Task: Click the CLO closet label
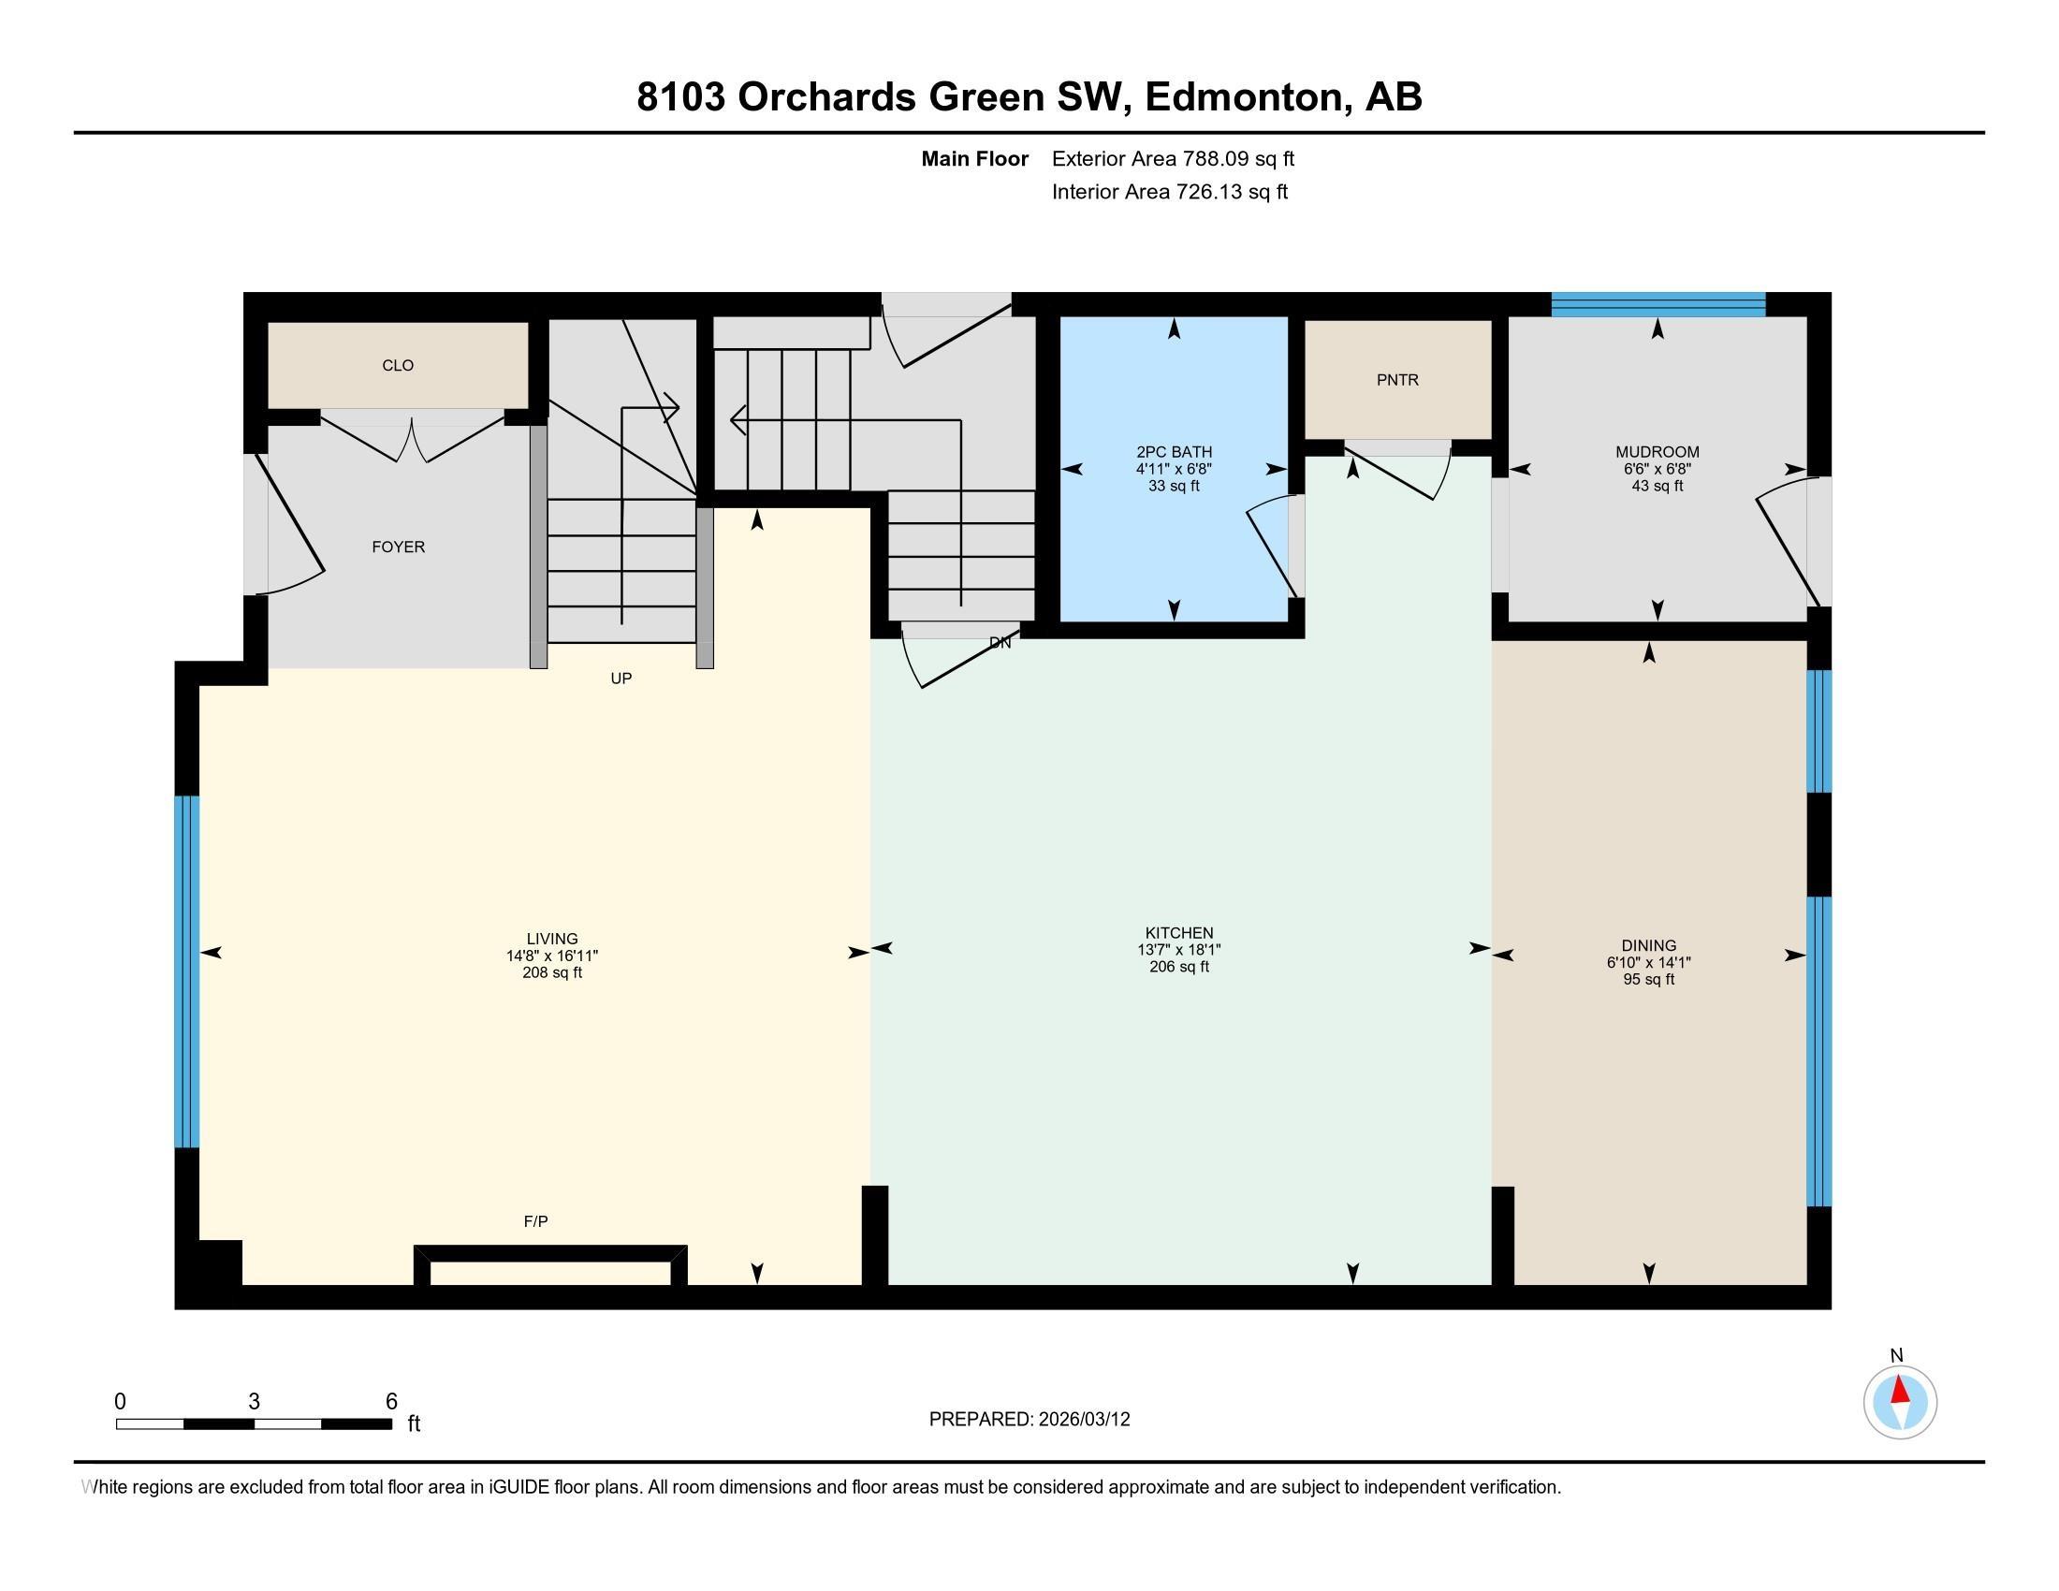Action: tap(397, 366)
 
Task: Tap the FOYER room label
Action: tap(398, 547)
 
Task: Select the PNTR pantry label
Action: tap(1397, 380)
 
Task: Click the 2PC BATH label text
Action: tap(1174, 452)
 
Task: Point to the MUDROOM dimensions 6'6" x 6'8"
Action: tap(1657, 470)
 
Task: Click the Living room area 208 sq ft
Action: tap(551, 972)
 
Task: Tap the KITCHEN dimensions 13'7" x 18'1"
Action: tap(1178, 950)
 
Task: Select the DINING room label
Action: tap(1648, 945)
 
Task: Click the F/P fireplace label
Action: tap(535, 1221)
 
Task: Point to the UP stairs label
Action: tap(621, 679)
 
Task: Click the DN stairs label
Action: tap(1000, 643)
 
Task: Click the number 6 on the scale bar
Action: tap(391, 1402)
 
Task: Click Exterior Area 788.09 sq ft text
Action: tap(1173, 159)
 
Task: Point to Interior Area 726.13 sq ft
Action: tap(1169, 192)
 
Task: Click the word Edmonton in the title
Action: tap(1244, 97)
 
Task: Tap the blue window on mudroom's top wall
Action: tap(1657, 303)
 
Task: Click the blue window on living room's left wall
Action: tap(186, 971)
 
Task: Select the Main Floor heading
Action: tap(974, 159)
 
